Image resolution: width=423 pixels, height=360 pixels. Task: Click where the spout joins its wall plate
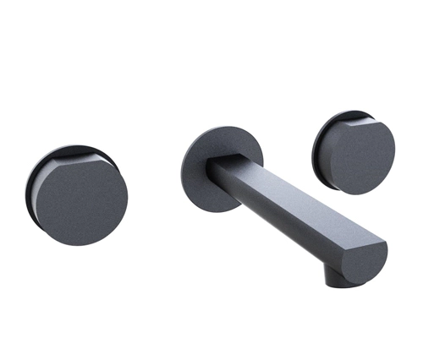coord(218,169)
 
